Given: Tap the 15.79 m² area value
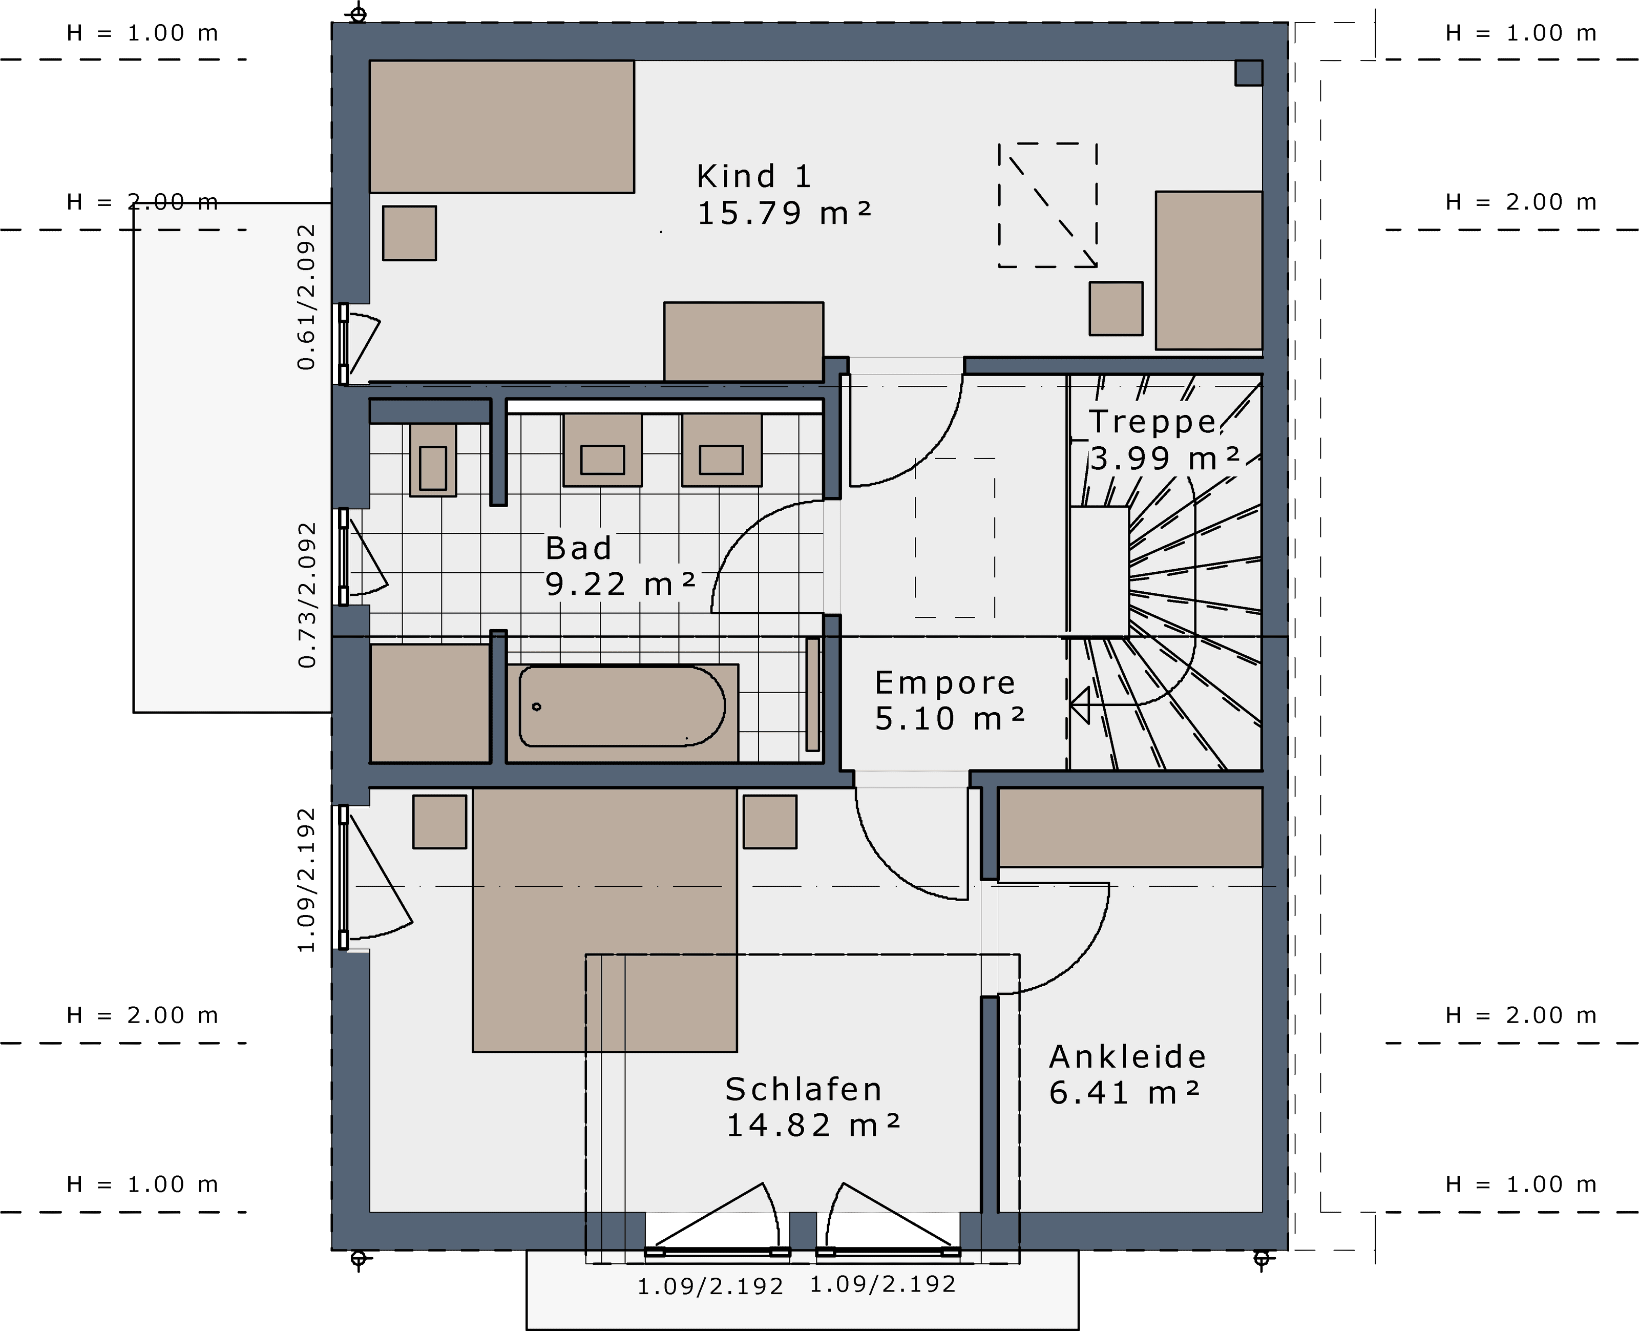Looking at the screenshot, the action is coord(784,213).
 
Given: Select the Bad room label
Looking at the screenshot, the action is coord(579,548).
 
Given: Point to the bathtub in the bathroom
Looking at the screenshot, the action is coord(622,706).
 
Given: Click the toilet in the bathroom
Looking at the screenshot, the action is coord(433,460).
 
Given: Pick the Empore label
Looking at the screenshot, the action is coord(945,682).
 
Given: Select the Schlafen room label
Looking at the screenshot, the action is coord(804,1089).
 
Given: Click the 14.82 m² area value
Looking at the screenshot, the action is coord(813,1125).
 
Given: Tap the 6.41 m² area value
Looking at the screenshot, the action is coord(1124,1093).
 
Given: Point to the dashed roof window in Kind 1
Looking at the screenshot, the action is coord(1048,205).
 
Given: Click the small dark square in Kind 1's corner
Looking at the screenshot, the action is coord(1249,73).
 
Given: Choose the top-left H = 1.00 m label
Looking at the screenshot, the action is coord(142,33).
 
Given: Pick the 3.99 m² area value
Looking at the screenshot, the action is coord(1165,459).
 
